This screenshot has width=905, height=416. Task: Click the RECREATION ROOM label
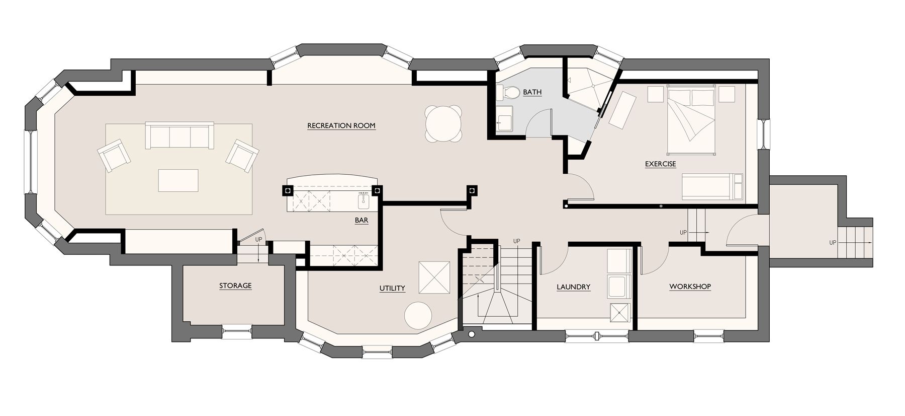pyautogui.click(x=341, y=126)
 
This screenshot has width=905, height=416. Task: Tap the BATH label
pyautogui.click(x=532, y=92)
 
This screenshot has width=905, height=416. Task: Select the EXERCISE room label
pyautogui.click(x=661, y=164)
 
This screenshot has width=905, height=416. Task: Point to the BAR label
pyautogui.click(x=361, y=221)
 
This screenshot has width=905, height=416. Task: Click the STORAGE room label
pyautogui.click(x=235, y=286)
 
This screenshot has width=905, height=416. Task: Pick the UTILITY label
pyautogui.click(x=392, y=289)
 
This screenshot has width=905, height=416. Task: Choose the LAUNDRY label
pyautogui.click(x=574, y=287)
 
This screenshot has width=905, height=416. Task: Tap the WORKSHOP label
pyautogui.click(x=690, y=287)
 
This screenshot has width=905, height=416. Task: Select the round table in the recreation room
pyautogui.click(x=443, y=123)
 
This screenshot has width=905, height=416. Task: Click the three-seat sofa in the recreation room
pyautogui.click(x=179, y=135)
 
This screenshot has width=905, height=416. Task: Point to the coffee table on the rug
pyautogui.click(x=178, y=180)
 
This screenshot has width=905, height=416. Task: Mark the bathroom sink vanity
pyautogui.click(x=505, y=119)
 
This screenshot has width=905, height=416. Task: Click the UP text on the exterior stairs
pyautogui.click(x=833, y=243)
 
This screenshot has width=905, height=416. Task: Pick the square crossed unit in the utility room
pyautogui.click(x=434, y=277)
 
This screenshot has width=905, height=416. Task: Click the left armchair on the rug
pyautogui.click(x=114, y=155)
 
